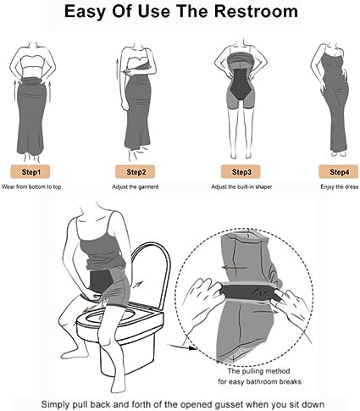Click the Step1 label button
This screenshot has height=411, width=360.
[31, 172]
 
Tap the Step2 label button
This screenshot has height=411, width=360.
[136, 172]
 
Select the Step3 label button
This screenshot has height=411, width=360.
[241, 172]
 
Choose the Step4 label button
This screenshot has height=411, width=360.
[339, 172]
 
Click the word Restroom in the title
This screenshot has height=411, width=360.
[256, 11]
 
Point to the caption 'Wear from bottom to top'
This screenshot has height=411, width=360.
[31, 186]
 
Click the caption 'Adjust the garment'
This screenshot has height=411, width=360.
[136, 186]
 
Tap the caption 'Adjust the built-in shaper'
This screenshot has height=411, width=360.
[241, 186]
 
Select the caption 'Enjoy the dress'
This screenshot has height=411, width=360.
[339, 186]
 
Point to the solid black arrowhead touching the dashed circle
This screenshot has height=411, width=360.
[192, 348]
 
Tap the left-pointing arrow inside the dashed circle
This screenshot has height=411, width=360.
[235, 267]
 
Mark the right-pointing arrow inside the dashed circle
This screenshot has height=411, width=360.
[265, 312]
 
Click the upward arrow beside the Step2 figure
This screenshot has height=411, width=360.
[117, 69]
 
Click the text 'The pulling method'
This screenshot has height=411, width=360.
[258, 371]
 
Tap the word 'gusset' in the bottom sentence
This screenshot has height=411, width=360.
[238, 404]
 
